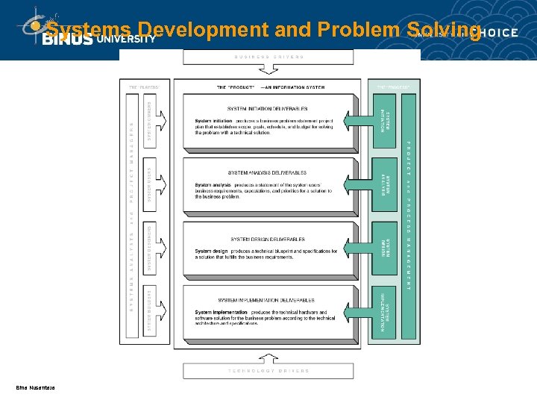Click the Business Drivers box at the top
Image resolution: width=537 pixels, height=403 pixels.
269,57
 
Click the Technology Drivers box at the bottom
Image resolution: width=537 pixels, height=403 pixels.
269,370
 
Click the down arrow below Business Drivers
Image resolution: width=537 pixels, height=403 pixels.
269,72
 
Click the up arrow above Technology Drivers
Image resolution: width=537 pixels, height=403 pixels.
269,355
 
